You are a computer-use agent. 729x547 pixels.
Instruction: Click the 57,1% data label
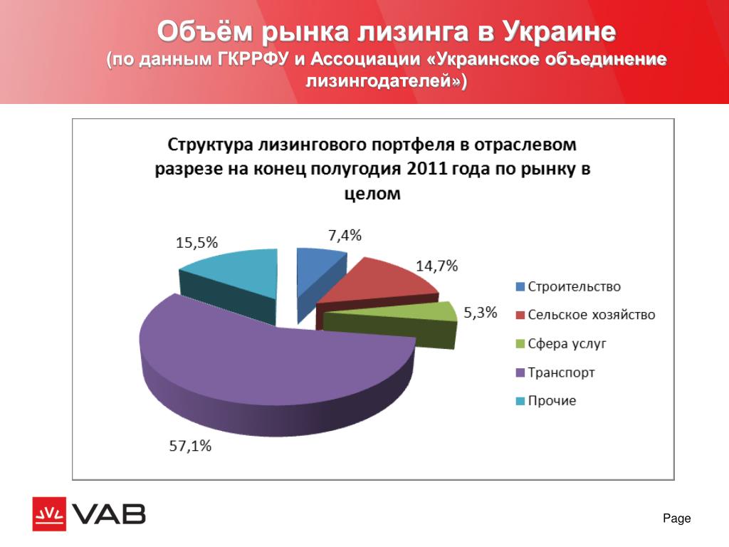click(x=190, y=446)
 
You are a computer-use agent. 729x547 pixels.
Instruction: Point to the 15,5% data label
click(x=196, y=242)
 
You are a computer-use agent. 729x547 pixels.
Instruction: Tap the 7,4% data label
click(x=345, y=235)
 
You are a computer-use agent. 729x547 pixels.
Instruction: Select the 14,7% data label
click(x=436, y=266)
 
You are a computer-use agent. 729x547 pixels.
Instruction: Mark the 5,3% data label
click(x=481, y=313)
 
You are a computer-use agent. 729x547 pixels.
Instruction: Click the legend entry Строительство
click(x=568, y=286)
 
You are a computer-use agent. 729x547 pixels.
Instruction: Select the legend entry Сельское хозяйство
click(x=586, y=315)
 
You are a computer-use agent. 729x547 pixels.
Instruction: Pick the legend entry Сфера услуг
click(x=561, y=344)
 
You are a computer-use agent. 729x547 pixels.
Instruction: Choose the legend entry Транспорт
click(x=555, y=373)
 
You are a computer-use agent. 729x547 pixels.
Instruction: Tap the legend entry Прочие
click(x=546, y=401)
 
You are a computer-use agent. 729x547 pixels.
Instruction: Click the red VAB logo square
click(x=49, y=514)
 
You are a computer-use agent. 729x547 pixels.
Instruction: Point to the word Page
click(x=677, y=519)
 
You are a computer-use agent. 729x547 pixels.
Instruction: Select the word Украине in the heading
click(x=560, y=31)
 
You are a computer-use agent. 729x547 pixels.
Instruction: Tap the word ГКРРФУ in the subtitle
click(x=252, y=60)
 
